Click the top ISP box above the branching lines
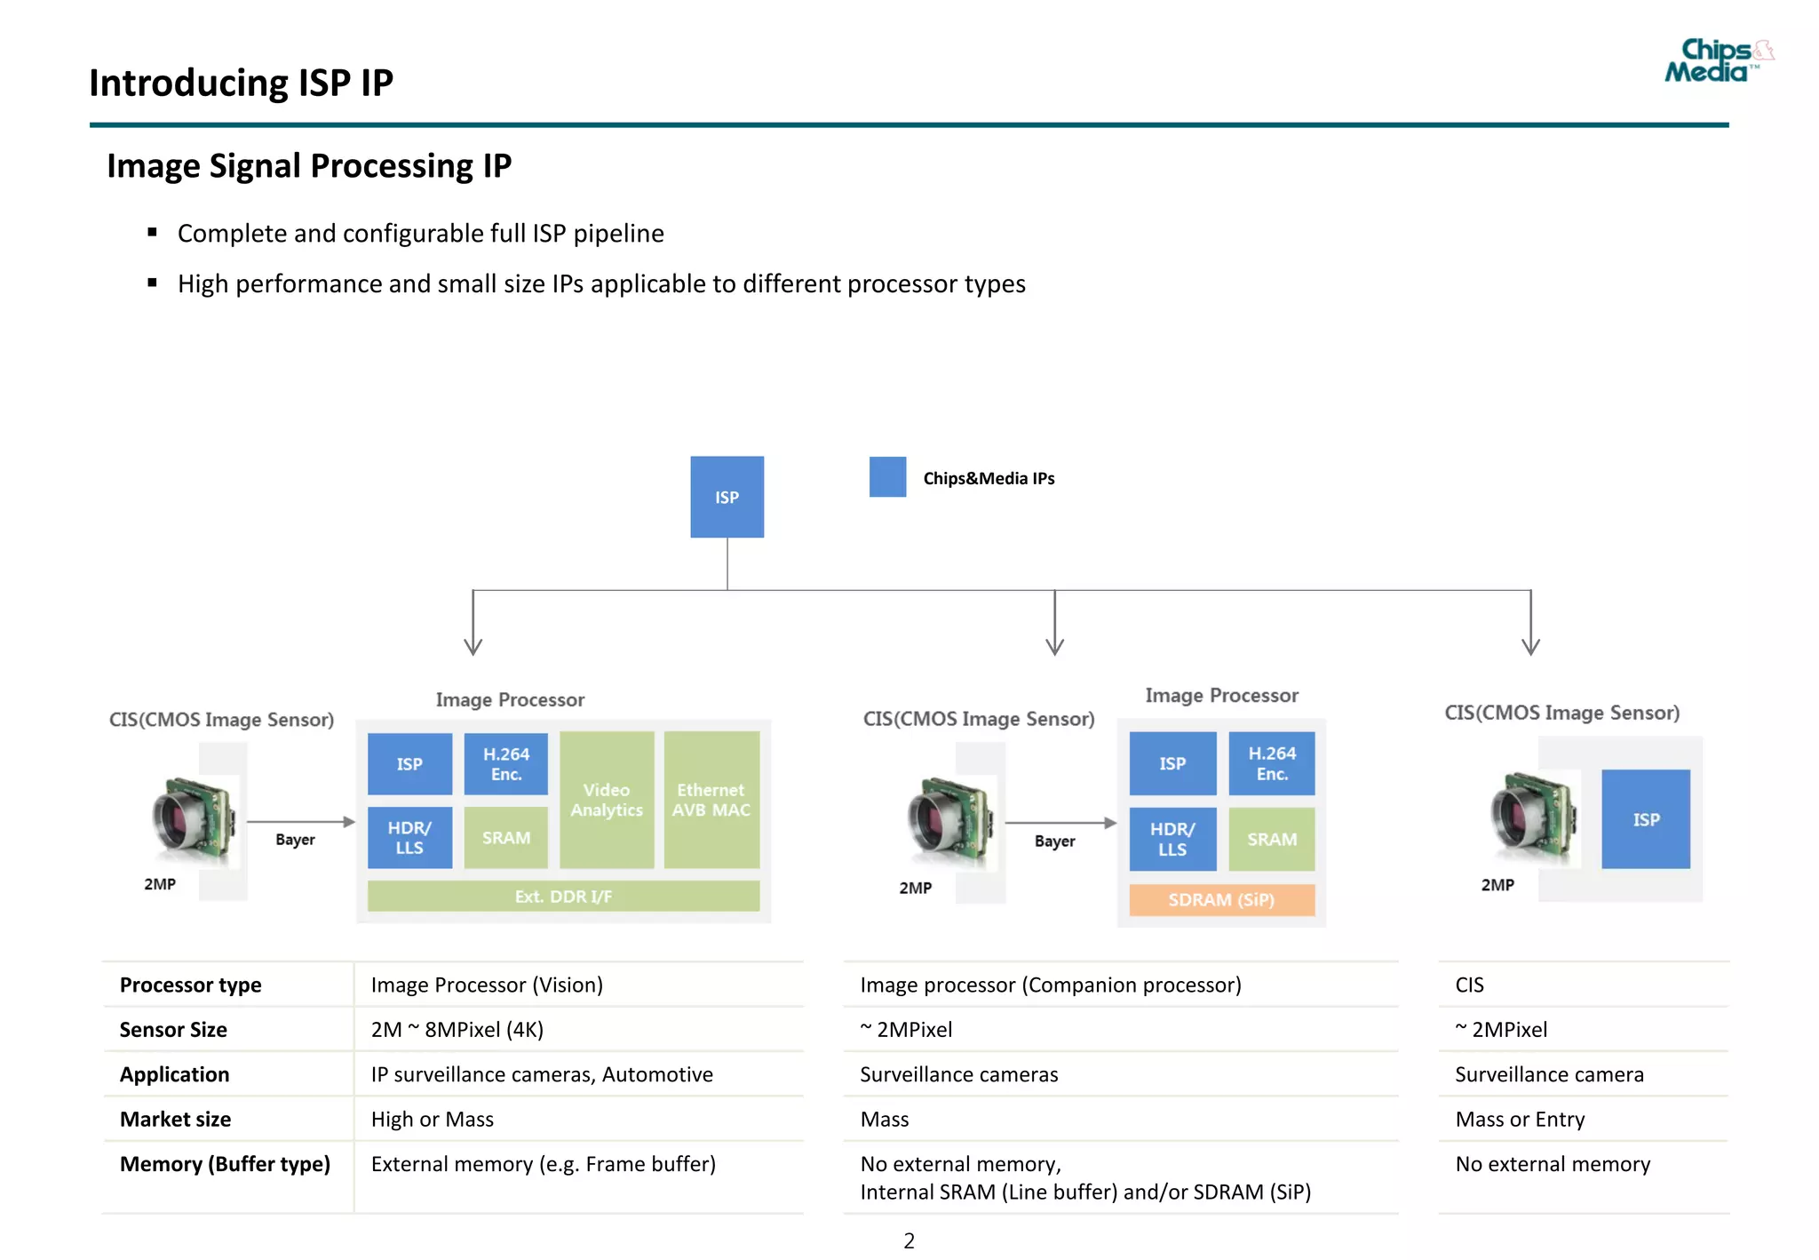coord(727,497)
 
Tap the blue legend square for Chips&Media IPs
coord(887,477)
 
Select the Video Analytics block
coord(607,800)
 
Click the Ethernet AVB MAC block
coord(711,800)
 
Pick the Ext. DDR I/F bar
coord(563,896)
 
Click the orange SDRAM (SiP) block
coord(1221,899)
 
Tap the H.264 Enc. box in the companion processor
coord(1271,763)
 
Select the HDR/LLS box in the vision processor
coord(409,837)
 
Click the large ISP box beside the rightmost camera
coord(1645,819)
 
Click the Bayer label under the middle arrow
coord(1054,841)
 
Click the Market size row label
coord(176,1119)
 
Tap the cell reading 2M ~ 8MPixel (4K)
coord(457,1029)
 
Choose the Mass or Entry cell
coord(1520,1119)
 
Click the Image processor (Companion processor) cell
coord(1051,985)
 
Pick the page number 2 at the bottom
coord(909,1240)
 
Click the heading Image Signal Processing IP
coord(309,166)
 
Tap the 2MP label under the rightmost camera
coord(1497,885)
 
